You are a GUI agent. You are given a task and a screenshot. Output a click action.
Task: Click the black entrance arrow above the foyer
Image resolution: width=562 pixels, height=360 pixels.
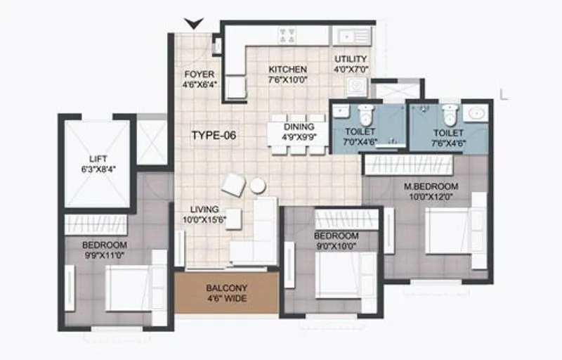[x=195, y=24]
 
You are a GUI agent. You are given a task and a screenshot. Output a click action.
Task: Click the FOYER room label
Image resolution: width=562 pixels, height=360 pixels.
[x=199, y=75]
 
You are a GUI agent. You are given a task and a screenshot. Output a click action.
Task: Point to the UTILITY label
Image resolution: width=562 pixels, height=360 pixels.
[x=351, y=59]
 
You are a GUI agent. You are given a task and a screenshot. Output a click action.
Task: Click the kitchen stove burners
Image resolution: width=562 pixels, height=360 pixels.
[x=288, y=34]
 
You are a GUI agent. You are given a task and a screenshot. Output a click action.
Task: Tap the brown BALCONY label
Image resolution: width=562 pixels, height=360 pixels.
[x=226, y=288]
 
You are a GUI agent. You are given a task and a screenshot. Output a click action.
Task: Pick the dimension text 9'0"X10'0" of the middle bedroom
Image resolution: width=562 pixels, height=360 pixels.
[x=336, y=246]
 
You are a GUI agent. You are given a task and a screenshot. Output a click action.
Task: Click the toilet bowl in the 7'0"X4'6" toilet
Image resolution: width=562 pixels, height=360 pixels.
[x=365, y=113]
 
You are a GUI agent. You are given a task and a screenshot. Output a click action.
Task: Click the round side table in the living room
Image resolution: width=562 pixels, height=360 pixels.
[x=257, y=185]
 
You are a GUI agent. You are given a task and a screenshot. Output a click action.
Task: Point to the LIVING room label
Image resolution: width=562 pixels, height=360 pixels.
[x=204, y=210]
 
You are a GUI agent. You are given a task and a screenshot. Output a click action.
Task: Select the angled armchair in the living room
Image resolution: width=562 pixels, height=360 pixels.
[x=233, y=186]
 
